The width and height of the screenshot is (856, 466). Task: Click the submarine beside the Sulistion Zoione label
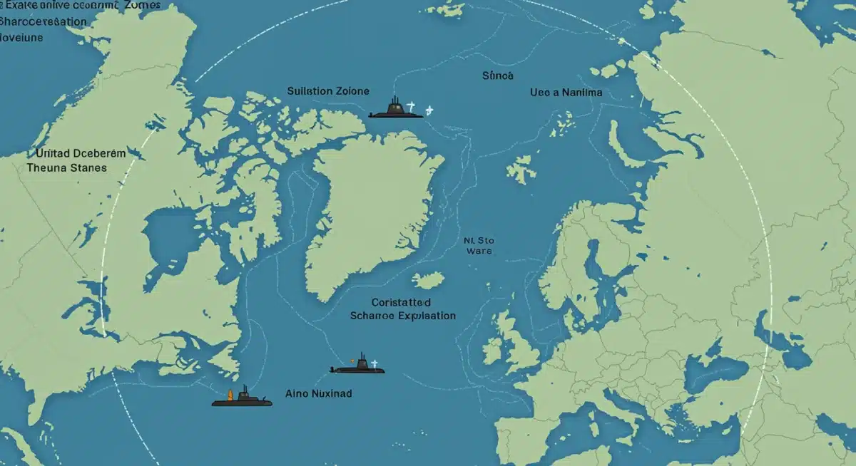coord(395,110)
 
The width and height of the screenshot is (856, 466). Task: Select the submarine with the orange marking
coord(242,399)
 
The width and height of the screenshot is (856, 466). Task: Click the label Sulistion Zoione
coord(328,91)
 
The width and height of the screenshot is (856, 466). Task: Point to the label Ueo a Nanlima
coord(566,93)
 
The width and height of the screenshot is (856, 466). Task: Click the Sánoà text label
coord(498,76)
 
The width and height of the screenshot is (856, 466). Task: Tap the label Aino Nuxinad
coord(318,393)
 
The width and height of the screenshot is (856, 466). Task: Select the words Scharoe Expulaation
coord(403,315)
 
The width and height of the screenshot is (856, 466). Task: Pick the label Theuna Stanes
coord(66,168)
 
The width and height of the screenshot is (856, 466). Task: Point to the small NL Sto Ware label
coord(478,246)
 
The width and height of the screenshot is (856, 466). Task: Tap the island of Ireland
coord(493,350)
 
